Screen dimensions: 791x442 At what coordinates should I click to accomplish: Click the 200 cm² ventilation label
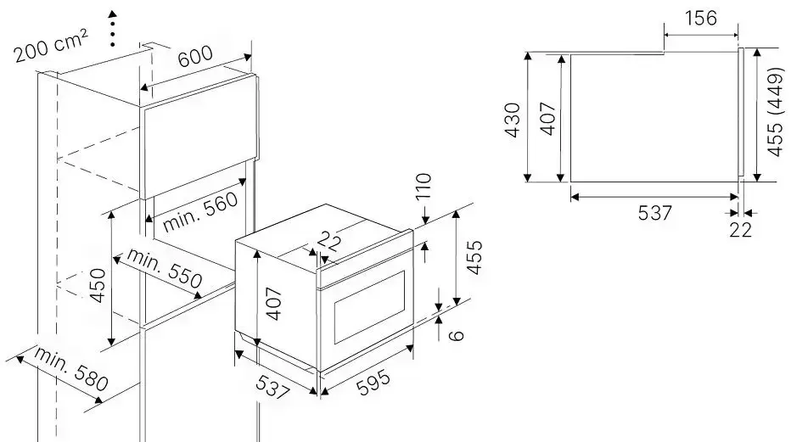[x=51, y=46]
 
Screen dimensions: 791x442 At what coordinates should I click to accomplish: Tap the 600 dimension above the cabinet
[x=195, y=56]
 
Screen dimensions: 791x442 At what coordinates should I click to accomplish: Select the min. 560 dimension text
[x=200, y=211]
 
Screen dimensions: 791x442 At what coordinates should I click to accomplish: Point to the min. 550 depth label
[x=165, y=267]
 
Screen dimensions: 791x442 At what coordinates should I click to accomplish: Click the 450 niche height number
[x=98, y=286]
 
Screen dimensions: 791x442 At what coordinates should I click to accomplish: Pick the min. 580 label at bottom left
[x=71, y=369]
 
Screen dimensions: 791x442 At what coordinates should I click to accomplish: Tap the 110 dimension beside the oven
[x=424, y=187]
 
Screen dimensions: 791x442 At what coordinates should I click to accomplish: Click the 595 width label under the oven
[x=373, y=383]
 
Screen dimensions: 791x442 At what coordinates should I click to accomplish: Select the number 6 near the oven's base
[x=456, y=335]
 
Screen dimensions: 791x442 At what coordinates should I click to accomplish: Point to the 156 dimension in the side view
[x=701, y=18]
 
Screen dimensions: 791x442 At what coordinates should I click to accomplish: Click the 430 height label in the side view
[x=513, y=120]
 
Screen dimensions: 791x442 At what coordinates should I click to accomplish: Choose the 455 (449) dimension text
[x=776, y=112]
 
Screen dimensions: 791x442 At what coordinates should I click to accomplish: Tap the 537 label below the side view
[x=655, y=213]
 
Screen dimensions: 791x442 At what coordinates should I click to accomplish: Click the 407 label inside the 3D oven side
[x=273, y=304]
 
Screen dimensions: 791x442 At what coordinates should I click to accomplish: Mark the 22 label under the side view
[x=740, y=230]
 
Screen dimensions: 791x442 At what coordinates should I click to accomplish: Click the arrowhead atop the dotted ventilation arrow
[x=113, y=14]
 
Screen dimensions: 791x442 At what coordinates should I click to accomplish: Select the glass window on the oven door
[x=369, y=307]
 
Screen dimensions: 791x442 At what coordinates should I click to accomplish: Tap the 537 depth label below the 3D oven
[x=273, y=387]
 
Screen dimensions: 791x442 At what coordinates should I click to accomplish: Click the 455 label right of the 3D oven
[x=474, y=258]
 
